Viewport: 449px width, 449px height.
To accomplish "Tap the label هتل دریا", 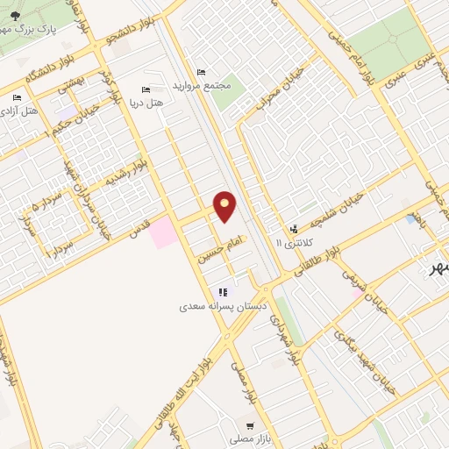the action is click(146, 103).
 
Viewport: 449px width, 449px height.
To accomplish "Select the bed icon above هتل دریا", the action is click(146, 90).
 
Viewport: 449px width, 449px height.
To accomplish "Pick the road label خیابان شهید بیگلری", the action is click(368, 368).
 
